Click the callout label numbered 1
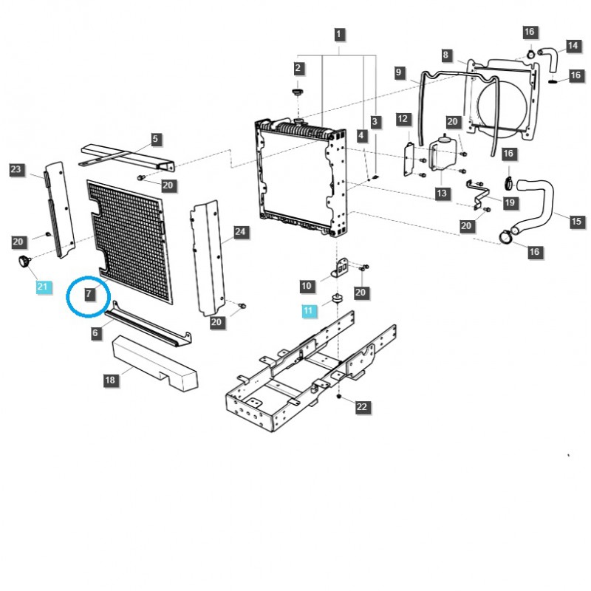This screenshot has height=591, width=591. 339,34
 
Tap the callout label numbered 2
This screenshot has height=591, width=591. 298,69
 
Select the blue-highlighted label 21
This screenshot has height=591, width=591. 43,287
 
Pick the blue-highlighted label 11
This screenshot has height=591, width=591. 308,311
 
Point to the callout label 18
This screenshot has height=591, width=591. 110,380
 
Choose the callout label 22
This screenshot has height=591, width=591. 361,407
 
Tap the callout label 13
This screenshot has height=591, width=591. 442,194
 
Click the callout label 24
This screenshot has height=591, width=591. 239,232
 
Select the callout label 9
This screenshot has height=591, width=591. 399,72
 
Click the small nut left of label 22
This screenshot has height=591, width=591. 338,397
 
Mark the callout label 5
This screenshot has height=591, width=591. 155,138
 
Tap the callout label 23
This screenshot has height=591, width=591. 16,170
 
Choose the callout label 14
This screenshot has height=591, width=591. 573,46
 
